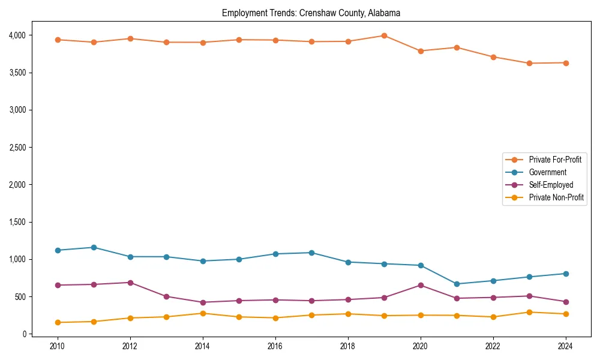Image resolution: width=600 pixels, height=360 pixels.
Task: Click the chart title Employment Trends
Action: click(311, 13)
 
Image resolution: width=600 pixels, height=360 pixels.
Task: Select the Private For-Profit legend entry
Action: click(555, 160)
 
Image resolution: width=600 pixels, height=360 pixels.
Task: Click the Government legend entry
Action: click(547, 172)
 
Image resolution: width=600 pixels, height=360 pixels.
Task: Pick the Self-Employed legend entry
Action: click(551, 185)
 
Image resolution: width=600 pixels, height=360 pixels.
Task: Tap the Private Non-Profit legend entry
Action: click(556, 197)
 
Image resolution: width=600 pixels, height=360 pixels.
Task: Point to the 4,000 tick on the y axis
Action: click(17, 35)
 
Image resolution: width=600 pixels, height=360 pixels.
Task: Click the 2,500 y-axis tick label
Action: click(17, 148)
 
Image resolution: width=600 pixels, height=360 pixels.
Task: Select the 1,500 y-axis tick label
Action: click(17, 222)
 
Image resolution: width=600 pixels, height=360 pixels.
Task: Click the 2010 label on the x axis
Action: click(58, 346)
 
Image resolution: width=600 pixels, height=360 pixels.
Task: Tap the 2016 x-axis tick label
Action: click(275, 346)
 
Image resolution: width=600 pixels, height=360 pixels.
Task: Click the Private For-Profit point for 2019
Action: click(384, 35)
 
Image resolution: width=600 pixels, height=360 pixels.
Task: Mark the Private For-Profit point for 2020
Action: click(421, 51)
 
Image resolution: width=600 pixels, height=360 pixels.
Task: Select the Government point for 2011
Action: click(94, 247)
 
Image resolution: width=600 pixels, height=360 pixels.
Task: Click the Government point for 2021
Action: click(457, 284)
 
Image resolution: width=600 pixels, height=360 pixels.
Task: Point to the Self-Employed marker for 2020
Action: click(421, 285)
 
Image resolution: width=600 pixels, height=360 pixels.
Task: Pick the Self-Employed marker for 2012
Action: click(130, 283)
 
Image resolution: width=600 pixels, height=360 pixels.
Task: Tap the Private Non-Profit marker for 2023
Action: click(529, 312)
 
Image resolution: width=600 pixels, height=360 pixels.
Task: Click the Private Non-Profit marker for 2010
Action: click(58, 322)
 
